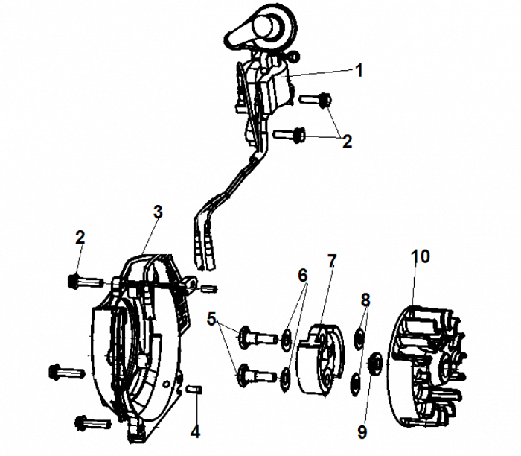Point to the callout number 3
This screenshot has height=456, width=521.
coord(157,212)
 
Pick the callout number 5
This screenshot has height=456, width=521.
coord(211,322)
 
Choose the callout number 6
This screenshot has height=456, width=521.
coord(302,275)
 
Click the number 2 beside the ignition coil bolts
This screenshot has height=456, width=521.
coord(347,142)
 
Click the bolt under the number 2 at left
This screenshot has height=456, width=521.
coord(83,281)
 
